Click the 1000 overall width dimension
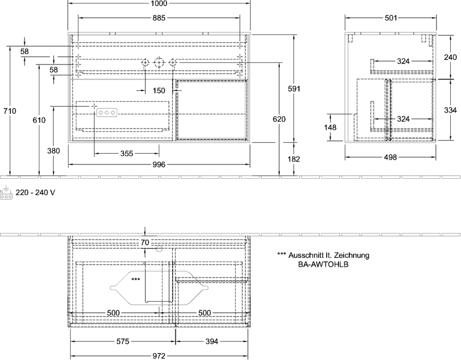pos(159,4)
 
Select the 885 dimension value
pos(159,18)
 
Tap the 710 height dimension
pos(10,111)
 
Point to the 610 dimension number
pos(39,120)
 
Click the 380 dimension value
pos(53,151)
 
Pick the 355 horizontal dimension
pos(127,154)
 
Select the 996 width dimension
pos(159,165)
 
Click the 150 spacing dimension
pos(159,91)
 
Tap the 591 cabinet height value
pos(294,89)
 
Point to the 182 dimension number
pos(294,159)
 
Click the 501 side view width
pos(391,18)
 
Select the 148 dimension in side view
pos(330,128)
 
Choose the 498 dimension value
pos(390,158)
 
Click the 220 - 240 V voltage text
pos(35,193)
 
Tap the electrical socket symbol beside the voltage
pos(6,193)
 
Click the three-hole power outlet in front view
pos(107,112)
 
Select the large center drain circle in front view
pos(159,62)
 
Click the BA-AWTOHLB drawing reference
pos(323,264)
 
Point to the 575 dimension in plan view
pos(122,342)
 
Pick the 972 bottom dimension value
pos(159,356)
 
